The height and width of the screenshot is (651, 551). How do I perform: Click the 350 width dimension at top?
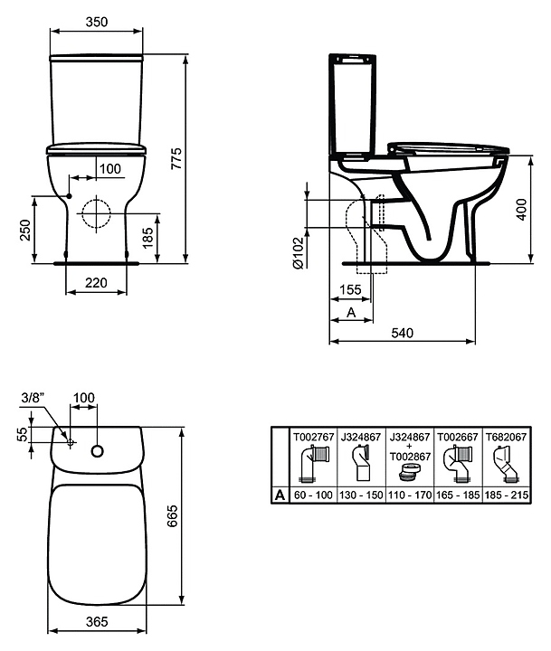97,22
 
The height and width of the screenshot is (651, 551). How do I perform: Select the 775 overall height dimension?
176,158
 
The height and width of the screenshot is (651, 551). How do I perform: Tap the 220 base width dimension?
96,283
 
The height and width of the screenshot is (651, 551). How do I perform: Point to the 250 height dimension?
25,230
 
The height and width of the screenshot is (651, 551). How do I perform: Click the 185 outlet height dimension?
148,238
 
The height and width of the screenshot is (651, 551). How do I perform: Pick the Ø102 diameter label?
299,252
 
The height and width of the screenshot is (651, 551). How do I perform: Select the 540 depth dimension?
403,333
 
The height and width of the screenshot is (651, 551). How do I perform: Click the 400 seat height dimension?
521,210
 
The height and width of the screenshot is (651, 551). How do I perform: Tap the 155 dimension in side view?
350,289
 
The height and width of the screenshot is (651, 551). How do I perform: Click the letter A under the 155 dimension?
351,312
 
